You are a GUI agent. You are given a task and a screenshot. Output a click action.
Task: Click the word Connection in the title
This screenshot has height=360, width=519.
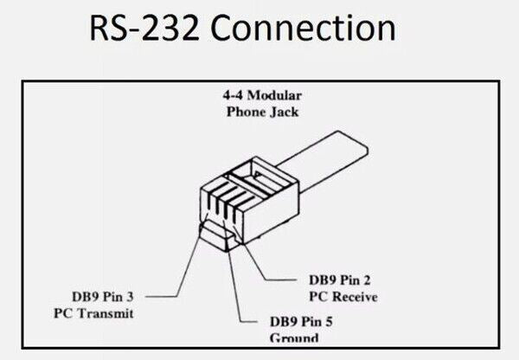pyautogui.click(x=304, y=31)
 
